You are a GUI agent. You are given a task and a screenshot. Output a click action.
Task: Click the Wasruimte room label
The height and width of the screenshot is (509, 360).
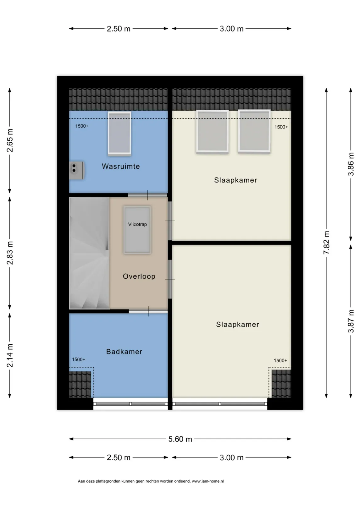point(120,166)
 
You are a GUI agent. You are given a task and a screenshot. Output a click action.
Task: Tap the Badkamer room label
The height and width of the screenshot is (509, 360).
point(124,352)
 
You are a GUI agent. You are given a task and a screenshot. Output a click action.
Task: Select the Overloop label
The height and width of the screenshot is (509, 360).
point(139,276)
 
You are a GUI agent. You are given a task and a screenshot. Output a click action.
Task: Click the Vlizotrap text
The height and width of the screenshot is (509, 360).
point(137,224)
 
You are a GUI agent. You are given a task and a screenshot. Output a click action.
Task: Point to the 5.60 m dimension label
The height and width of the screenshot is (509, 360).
point(180,439)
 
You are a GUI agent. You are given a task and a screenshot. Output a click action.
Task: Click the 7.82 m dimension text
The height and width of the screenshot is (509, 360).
point(326,243)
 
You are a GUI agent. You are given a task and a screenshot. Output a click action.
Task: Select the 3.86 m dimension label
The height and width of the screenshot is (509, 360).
point(351,164)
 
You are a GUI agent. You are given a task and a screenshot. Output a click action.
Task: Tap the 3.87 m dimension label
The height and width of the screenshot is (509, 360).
point(351,321)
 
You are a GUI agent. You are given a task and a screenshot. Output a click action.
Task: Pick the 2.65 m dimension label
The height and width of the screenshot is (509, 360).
point(10,140)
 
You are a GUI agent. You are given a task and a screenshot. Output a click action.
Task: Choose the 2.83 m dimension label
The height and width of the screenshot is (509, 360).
point(10,253)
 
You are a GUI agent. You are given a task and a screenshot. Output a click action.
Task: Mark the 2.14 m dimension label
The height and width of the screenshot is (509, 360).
point(10,355)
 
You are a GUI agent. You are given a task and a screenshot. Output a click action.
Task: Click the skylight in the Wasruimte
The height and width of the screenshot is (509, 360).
point(119,134)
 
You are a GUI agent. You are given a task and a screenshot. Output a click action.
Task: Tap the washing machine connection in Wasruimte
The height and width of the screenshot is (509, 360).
point(77,170)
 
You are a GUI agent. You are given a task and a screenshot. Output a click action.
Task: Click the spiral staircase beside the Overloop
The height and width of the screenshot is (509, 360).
point(89,253)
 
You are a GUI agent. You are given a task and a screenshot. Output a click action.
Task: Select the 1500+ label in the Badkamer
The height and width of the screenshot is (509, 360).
point(79,359)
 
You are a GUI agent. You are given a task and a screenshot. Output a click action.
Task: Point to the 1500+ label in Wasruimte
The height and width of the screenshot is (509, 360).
point(82,126)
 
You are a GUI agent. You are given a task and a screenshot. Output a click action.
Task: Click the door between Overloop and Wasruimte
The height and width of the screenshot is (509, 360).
point(147,195)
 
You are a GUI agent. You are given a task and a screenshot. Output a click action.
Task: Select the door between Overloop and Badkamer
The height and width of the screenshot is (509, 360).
point(148,311)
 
